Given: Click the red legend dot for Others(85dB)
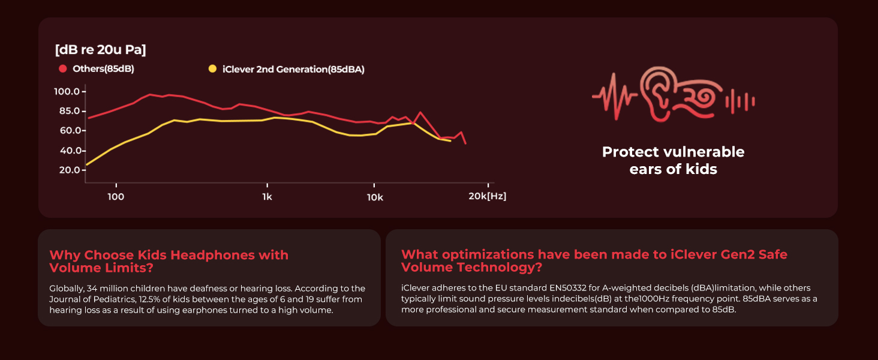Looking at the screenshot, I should click(x=62, y=69).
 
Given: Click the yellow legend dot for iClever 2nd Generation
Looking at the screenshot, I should click(x=212, y=69).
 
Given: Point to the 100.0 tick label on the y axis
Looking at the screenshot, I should click(x=67, y=91).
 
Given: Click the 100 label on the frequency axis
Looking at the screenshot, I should click(x=116, y=196).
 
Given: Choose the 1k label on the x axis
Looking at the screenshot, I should click(x=267, y=196).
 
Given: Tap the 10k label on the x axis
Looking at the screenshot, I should click(x=375, y=196).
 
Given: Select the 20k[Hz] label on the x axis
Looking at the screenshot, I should click(x=488, y=196).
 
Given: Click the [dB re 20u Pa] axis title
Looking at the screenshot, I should click(x=100, y=50).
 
